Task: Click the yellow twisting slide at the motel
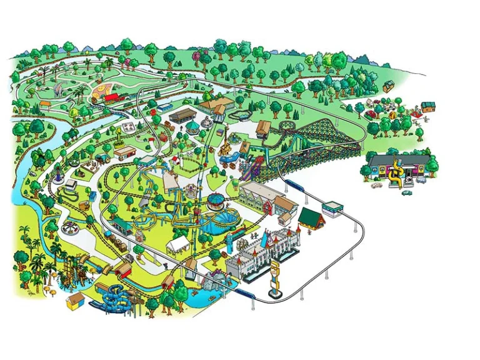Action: [x=395, y=173]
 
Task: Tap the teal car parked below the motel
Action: [x=406, y=192]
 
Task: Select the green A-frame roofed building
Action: [x=310, y=218]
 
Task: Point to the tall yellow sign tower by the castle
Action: [x=274, y=279]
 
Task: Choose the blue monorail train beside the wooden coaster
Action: [x=294, y=186]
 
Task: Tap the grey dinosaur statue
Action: [x=58, y=91]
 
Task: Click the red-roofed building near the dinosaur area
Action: [x=111, y=97]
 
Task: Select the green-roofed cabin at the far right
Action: [x=428, y=106]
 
